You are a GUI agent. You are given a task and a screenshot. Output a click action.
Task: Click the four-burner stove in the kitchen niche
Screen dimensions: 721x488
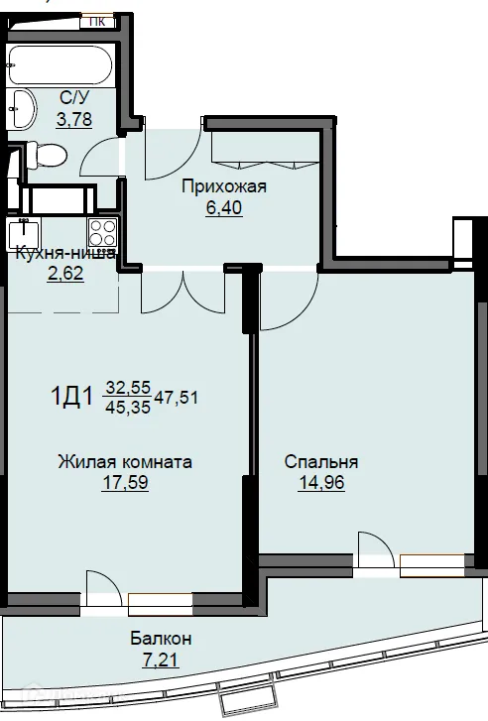click(103, 233)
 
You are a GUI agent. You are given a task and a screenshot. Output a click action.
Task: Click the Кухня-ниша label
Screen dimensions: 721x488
click(65, 254)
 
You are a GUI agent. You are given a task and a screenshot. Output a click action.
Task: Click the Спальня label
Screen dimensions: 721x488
click(319, 462)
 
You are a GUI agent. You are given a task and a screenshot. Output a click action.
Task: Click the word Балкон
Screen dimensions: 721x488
click(159, 638)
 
